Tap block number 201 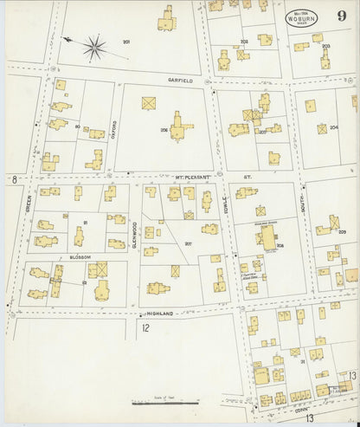click(126, 42)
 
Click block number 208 click(280, 246)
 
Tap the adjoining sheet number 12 click(145, 328)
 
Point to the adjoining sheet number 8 click(15, 179)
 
